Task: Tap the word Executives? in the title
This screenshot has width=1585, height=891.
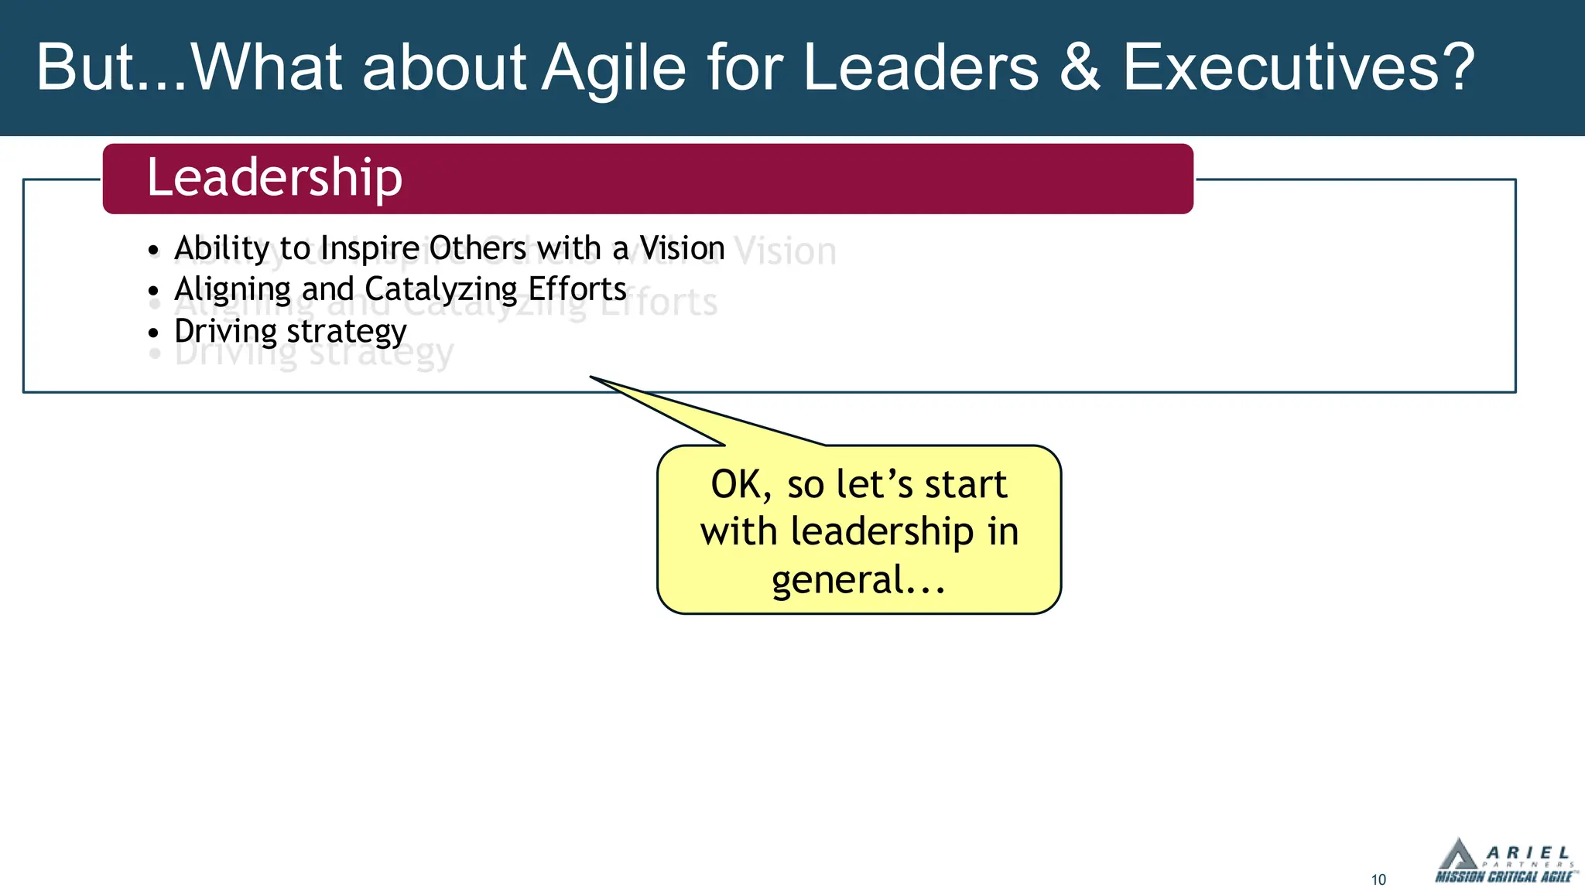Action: [x=1299, y=68]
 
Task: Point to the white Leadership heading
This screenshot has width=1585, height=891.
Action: [x=275, y=178]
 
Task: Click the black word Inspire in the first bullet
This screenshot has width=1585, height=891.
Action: [x=369, y=249]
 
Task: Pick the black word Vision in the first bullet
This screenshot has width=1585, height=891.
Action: [x=682, y=249]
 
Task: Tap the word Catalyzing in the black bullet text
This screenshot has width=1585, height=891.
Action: [x=441, y=290]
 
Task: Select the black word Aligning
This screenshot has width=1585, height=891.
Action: [x=232, y=290]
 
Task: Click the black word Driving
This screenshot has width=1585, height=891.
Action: [x=225, y=331]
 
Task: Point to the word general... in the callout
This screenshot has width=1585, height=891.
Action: [x=858, y=580]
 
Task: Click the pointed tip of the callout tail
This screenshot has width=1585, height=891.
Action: [x=591, y=377]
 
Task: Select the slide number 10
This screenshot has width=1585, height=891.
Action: [x=1378, y=880]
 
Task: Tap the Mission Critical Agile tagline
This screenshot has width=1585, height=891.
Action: [x=1503, y=877]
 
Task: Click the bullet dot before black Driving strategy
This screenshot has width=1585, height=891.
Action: [x=153, y=333]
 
